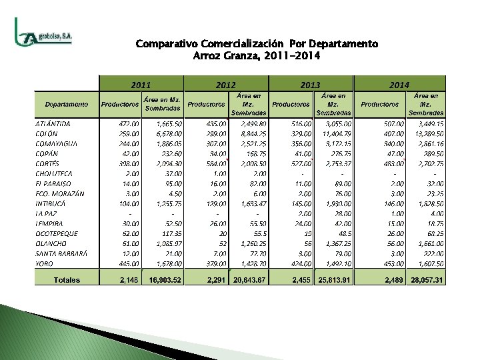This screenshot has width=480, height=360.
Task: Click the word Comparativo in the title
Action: [x=163, y=44]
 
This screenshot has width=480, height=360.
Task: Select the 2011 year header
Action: [x=141, y=85]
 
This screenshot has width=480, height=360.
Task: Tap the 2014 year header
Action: [x=399, y=85]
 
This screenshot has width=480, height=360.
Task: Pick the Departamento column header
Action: [x=67, y=104]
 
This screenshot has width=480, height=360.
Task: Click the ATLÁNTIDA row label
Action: [x=53, y=124]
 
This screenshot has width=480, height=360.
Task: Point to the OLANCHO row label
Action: [x=51, y=244]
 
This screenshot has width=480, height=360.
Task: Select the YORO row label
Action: [x=45, y=264]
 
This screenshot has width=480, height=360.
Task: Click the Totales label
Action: [x=67, y=280]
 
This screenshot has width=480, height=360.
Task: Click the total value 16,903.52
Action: [x=163, y=280]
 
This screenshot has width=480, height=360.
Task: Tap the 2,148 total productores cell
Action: [x=129, y=280]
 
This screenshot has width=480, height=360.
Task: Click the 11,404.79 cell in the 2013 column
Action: [x=337, y=133]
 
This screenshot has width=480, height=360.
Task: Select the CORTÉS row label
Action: [x=47, y=163]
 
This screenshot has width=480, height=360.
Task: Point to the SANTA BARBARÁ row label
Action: [x=61, y=254]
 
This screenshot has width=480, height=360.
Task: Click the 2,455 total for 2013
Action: [x=301, y=280]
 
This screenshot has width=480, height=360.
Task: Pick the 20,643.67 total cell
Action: [x=249, y=280]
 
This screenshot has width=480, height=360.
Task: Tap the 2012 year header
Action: [x=226, y=85]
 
